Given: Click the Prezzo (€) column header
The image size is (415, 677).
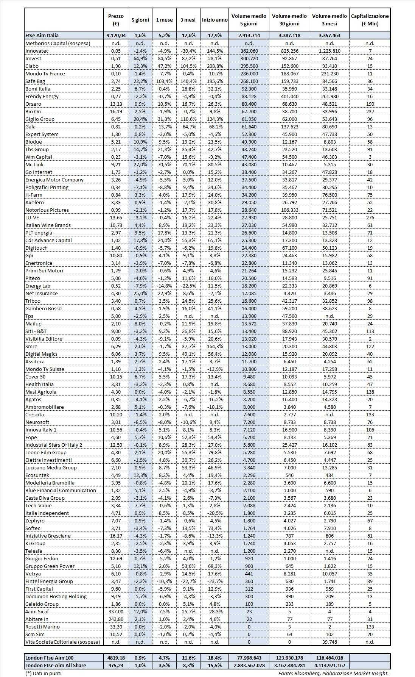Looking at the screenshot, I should tap(116, 20).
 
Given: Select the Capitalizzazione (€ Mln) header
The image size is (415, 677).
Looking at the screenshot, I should tap(370, 20).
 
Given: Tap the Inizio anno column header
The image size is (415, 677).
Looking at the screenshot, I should tap(214, 20).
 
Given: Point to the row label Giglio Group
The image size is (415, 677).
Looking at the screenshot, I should tap(40, 119).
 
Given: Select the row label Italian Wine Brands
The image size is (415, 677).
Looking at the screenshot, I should tap(48, 225).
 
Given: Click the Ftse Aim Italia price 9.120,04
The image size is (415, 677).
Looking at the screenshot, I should tap(116, 35).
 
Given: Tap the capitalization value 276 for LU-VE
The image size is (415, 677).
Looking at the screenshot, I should tap(370, 217).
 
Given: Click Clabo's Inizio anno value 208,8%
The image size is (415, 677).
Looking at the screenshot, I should tap(214, 66).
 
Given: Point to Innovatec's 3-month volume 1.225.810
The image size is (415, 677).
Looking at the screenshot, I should tap(329, 51).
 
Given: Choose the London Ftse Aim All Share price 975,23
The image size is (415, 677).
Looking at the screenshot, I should tap(116, 665).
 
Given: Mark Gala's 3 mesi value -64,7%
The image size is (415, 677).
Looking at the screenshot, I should tap(188, 127).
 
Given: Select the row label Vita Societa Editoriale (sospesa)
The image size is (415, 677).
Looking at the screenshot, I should tap(63, 642).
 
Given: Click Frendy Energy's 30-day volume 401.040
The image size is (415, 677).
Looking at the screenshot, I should tap(289, 96).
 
